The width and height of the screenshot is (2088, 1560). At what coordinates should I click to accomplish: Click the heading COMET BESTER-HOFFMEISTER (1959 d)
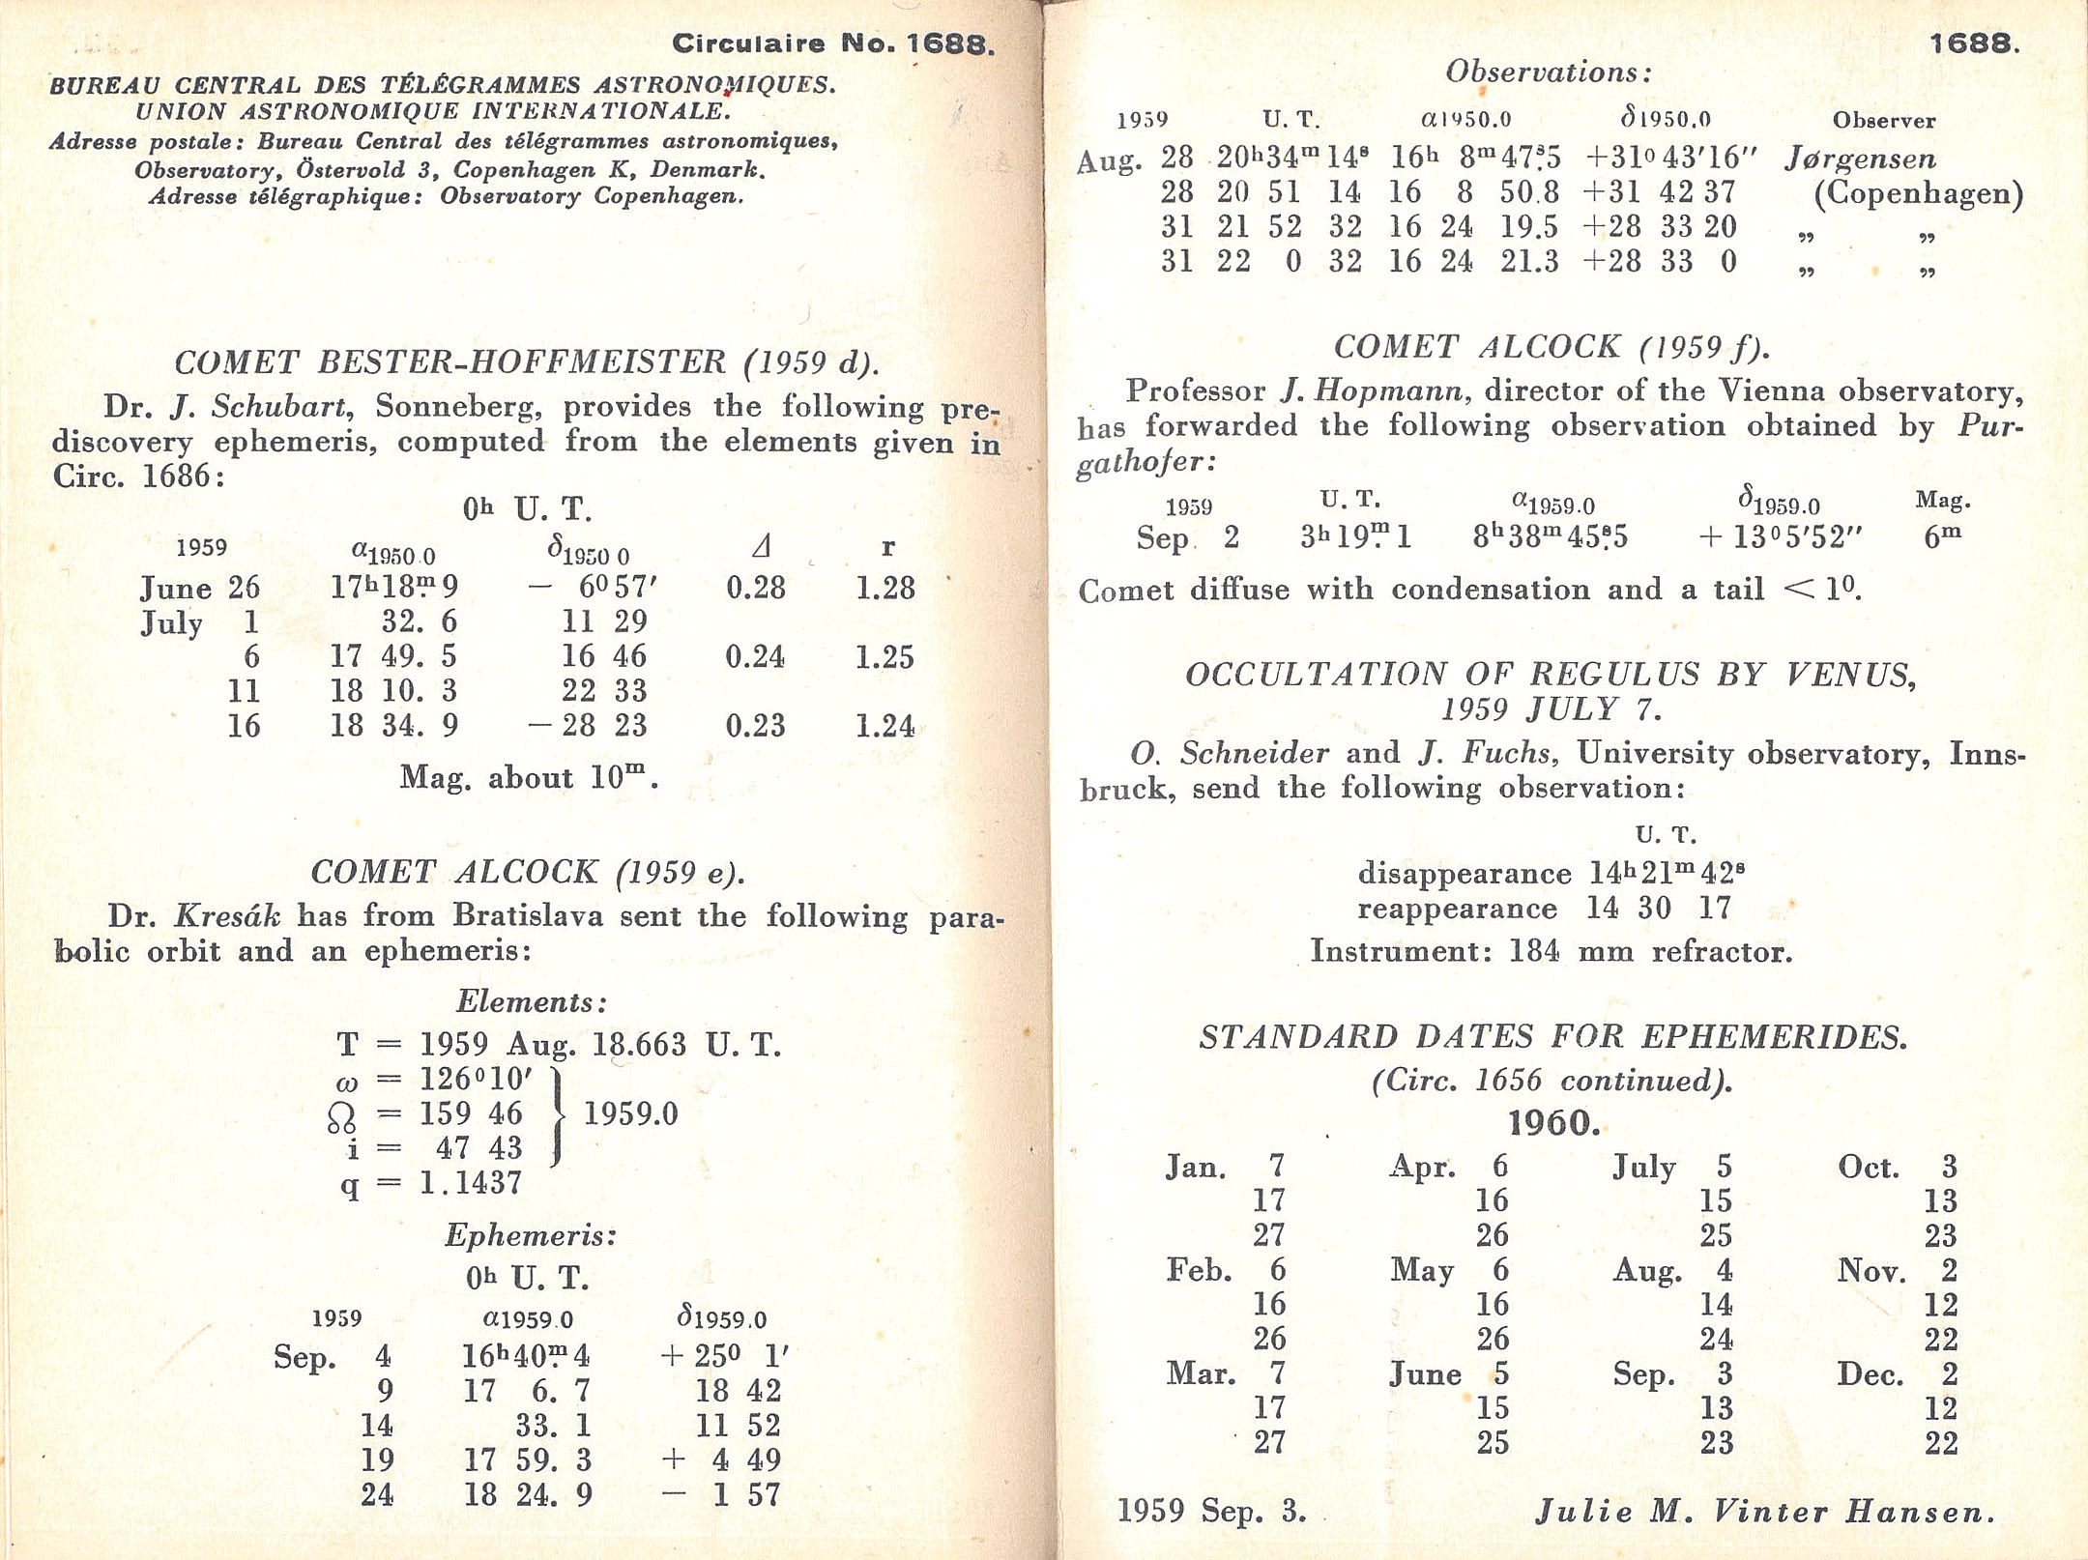527,362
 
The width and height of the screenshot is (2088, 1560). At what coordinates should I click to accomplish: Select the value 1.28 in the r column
884,588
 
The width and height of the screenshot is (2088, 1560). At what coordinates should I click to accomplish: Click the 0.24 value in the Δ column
755,657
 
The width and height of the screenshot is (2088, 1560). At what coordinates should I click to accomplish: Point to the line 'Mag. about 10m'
528,777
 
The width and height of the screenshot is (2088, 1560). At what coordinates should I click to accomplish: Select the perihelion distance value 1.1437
471,1182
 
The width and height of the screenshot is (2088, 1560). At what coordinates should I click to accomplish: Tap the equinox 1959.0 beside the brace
630,1113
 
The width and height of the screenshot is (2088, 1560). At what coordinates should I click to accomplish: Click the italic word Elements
531,1001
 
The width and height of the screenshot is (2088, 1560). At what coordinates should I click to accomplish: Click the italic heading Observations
1549,72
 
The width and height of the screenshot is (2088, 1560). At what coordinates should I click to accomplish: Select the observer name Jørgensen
1860,159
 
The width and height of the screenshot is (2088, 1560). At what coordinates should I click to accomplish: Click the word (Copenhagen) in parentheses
1918,194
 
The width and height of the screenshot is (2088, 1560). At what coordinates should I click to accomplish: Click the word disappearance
1464,874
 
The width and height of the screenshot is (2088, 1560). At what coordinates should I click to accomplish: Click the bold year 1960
1553,1123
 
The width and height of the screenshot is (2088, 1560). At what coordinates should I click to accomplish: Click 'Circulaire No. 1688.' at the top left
832,44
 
